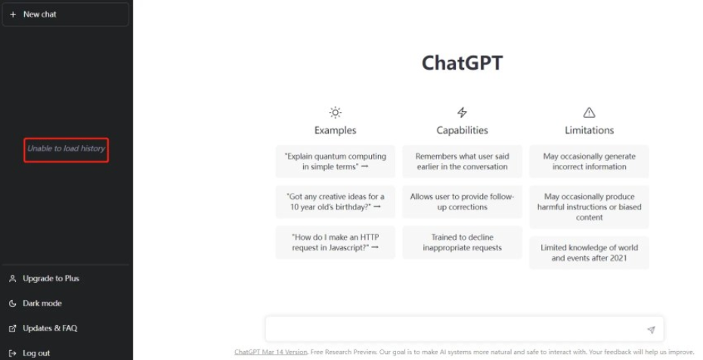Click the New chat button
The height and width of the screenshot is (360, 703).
point(66,14)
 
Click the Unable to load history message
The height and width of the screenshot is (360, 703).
point(66,148)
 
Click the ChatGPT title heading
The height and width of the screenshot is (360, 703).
point(462,63)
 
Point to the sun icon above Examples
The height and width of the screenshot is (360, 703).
point(336,112)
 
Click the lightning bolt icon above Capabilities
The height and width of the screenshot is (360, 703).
point(462,112)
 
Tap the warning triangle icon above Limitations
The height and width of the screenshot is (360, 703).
point(589,113)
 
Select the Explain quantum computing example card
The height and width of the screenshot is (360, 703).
point(336,161)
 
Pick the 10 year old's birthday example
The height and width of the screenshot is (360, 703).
point(336,202)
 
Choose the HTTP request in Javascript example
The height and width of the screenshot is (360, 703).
point(336,243)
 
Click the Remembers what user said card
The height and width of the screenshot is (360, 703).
point(462,161)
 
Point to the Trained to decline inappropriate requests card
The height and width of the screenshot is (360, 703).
point(462,243)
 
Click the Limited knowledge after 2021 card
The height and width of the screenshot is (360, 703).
point(589,253)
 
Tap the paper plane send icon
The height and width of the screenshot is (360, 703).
point(651,330)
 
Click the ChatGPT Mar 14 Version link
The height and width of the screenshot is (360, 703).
point(271,352)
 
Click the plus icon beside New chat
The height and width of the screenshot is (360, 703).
point(13,14)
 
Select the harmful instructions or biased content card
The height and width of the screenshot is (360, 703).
point(589,207)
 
